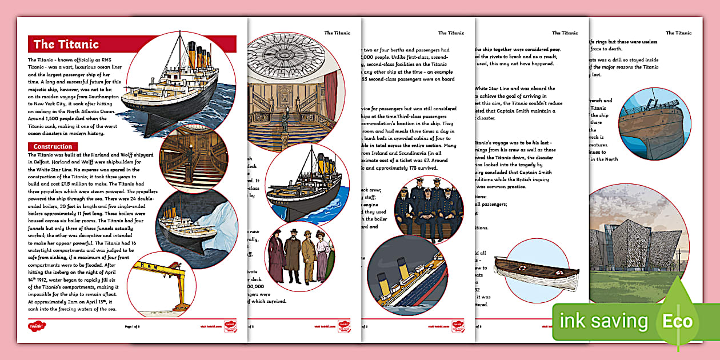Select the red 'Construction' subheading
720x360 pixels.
coord(53,147)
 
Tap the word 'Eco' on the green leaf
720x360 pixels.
coord(677,321)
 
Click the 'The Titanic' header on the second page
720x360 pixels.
coord(337,33)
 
